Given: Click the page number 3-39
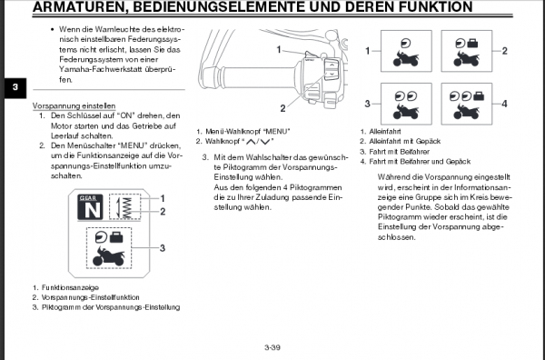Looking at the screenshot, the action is coord(272,347).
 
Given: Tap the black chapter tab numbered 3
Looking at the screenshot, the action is coord(15,87).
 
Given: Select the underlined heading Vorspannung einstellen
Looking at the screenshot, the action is coord(74,105).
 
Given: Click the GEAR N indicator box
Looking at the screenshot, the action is coord(90,207).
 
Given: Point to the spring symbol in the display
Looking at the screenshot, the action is coord(125,207).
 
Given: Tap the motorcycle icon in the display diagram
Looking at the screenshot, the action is coord(109,256).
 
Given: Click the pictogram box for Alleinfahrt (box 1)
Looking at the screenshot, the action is coord(406,51).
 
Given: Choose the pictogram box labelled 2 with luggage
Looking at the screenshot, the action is coord(467,51).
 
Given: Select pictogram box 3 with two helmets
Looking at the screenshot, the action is coord(406,104).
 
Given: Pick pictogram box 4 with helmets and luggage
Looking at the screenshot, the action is coord(467,104).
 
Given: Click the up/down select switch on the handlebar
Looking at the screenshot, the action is coord(332,70).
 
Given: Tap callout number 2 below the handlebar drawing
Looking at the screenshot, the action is coord(282,108).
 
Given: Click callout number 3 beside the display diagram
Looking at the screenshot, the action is coord(163,248).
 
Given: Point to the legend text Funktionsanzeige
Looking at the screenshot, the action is coord(70,287).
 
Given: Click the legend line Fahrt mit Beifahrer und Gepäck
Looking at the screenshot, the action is coord(420,162).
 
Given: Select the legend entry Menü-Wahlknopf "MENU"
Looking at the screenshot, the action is coord(248,132).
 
